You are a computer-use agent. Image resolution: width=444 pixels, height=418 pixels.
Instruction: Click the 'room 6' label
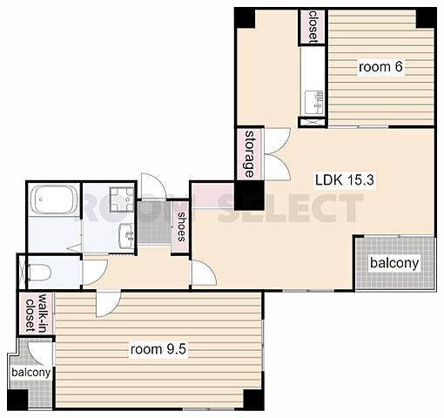pos(380,67)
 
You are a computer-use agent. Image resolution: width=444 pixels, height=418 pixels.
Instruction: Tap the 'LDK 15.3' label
pos(345,180)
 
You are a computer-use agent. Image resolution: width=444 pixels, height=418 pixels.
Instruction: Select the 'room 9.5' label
pos(158,349)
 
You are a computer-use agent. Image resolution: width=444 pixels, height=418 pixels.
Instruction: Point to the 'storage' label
pos(249,154)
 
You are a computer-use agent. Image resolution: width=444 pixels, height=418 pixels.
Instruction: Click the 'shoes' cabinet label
pos(182,227)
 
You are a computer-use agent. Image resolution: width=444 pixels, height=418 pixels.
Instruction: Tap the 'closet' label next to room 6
pos(313,27)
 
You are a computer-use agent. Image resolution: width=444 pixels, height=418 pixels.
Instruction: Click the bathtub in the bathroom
pos(54,199)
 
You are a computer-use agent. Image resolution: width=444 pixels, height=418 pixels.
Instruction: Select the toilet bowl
pos(40,273)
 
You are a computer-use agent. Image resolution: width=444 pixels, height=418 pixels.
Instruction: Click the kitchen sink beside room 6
pos(313,103)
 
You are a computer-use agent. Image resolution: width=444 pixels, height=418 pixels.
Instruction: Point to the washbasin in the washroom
pos(126,236)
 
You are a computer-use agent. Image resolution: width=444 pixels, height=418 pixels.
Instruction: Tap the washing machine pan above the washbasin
pos(122,199)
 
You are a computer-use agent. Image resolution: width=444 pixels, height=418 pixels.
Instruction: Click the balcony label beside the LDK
pos(394,263)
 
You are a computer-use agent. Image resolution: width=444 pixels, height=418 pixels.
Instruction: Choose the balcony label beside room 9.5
pos(31,372)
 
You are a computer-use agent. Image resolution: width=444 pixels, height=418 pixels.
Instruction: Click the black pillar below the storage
pos(249,195)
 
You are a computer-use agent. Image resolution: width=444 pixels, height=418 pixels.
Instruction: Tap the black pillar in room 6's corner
pos(426,18)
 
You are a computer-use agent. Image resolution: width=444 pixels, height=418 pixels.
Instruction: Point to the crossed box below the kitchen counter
pos(313,122)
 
